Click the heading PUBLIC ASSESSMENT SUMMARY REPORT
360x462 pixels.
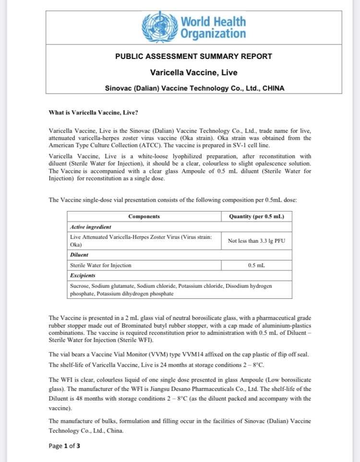[x=193, y=56]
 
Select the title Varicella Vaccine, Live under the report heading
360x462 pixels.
[x=193, y=73]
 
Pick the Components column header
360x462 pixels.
[x=144, y=216]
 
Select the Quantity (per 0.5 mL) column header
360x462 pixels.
[x=256, y=216]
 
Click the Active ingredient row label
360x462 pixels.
[x=91, y=226]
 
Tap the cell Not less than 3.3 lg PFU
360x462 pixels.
[x=256, y=240]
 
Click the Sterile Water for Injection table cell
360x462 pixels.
[x=100, y=265]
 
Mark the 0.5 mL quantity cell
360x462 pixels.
[x=256, y=265]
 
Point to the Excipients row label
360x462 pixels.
[x=83, y=275]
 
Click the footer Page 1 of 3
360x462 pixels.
[x=64, y=446]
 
